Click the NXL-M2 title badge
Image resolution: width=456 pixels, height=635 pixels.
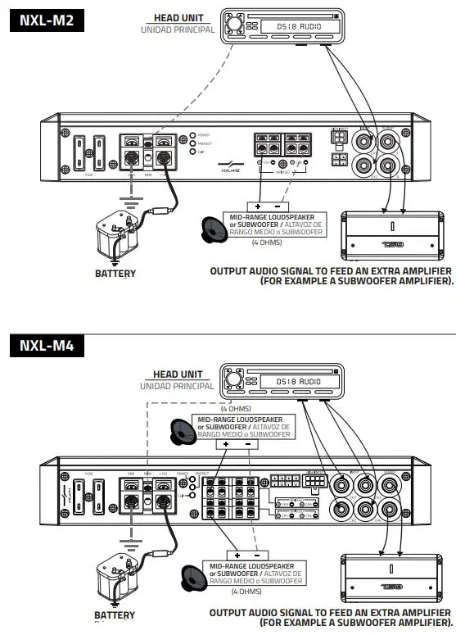(x=47, y=21)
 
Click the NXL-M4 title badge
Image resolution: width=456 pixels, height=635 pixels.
(x=47, y=346)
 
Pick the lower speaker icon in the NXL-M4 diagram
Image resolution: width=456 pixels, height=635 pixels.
(x=196, y=575)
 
